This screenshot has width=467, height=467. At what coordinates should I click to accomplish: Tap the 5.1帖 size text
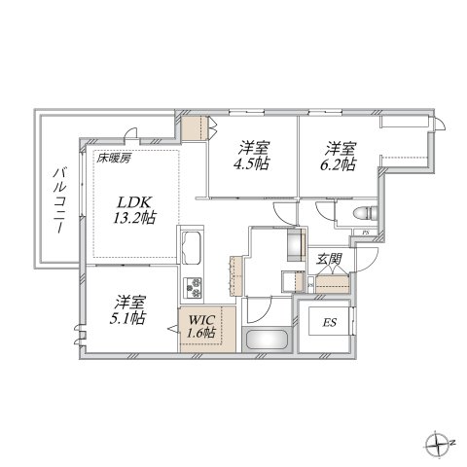coord(127,320)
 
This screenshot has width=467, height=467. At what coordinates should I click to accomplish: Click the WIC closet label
coord(201,319)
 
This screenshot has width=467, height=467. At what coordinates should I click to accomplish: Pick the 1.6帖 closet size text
coord(202,334)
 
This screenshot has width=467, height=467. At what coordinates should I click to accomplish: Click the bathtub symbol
coord(265,343)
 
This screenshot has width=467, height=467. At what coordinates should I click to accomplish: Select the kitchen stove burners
coord(193,288)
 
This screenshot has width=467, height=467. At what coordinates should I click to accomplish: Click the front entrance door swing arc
coord(365,259)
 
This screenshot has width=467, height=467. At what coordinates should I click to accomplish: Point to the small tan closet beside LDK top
coord(198,127)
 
